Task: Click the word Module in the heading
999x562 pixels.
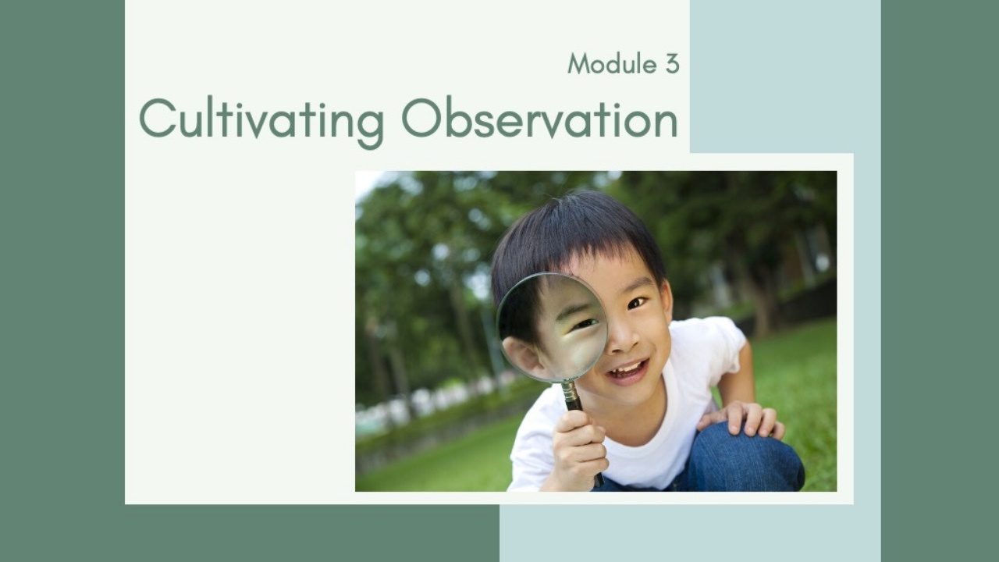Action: [x=612, y=63]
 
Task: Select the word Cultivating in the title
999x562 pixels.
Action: [x=261, y=118]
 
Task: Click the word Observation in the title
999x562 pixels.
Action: [x=539, y=117]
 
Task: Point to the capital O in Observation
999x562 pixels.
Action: [x=422, y=118]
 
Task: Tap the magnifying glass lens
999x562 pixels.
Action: [x=552, y=327]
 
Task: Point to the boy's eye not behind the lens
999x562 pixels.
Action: [x=637, y=304]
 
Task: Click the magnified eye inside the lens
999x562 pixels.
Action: [x=585, y=324]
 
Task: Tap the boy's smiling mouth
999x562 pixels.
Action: [x=628, y=371]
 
